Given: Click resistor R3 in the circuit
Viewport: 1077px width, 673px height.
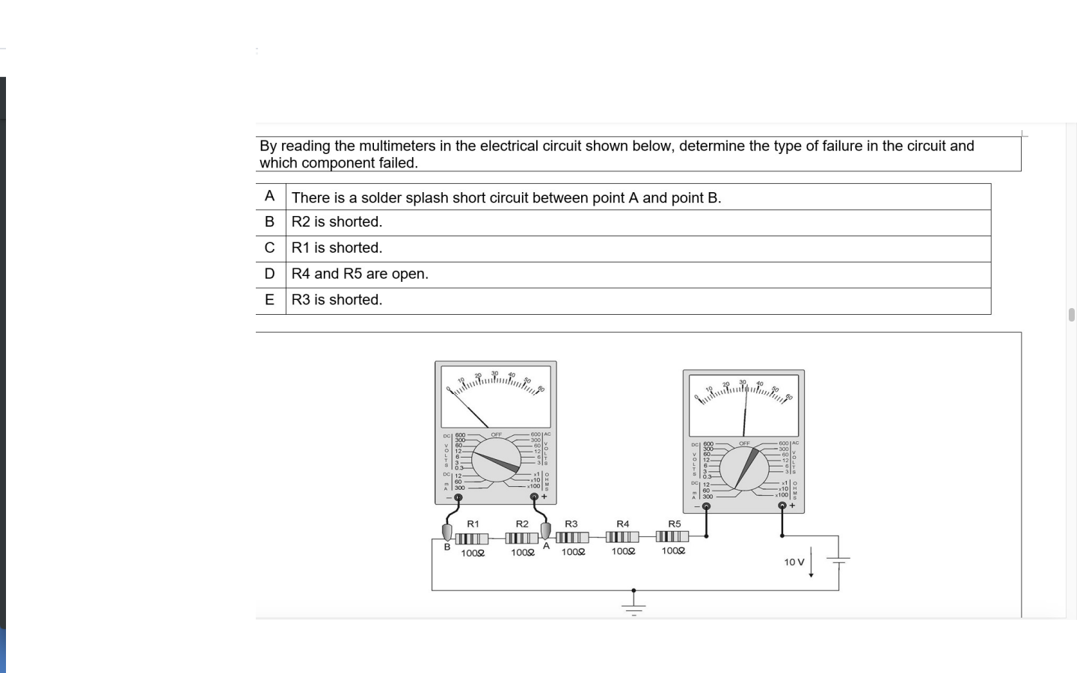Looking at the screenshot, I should pos(572,537).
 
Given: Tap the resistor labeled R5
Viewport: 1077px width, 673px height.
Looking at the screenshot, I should pos(672,536).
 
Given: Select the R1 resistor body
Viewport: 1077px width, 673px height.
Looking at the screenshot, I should pos(471,538).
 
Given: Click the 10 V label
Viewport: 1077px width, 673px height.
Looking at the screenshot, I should pos(794,562).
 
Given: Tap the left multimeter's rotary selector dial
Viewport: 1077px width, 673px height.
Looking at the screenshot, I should pos(495,461).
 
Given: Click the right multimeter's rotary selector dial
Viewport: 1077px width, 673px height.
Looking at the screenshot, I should pos(744,467).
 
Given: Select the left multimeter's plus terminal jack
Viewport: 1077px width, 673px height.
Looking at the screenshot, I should pos(534,497).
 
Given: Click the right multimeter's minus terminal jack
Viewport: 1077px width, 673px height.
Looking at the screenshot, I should pos(706,506).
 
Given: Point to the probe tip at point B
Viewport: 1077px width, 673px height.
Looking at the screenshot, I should pos(447,532).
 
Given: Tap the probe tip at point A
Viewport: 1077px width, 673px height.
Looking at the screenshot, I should pos(545,530).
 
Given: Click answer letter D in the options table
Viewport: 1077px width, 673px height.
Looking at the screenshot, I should pos(270,274).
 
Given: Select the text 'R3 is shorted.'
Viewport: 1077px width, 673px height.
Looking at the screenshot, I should pos(337,300).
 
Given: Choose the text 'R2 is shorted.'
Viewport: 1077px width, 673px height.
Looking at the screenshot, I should pos(337,222).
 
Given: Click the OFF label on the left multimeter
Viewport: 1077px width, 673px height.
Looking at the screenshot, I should pos(496,434).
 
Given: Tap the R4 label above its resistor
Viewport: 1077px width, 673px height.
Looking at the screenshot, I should pos(622,524).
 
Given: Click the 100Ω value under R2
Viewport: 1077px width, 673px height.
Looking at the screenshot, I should pos(523,553).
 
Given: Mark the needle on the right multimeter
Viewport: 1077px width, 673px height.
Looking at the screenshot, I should pos(745,411).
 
